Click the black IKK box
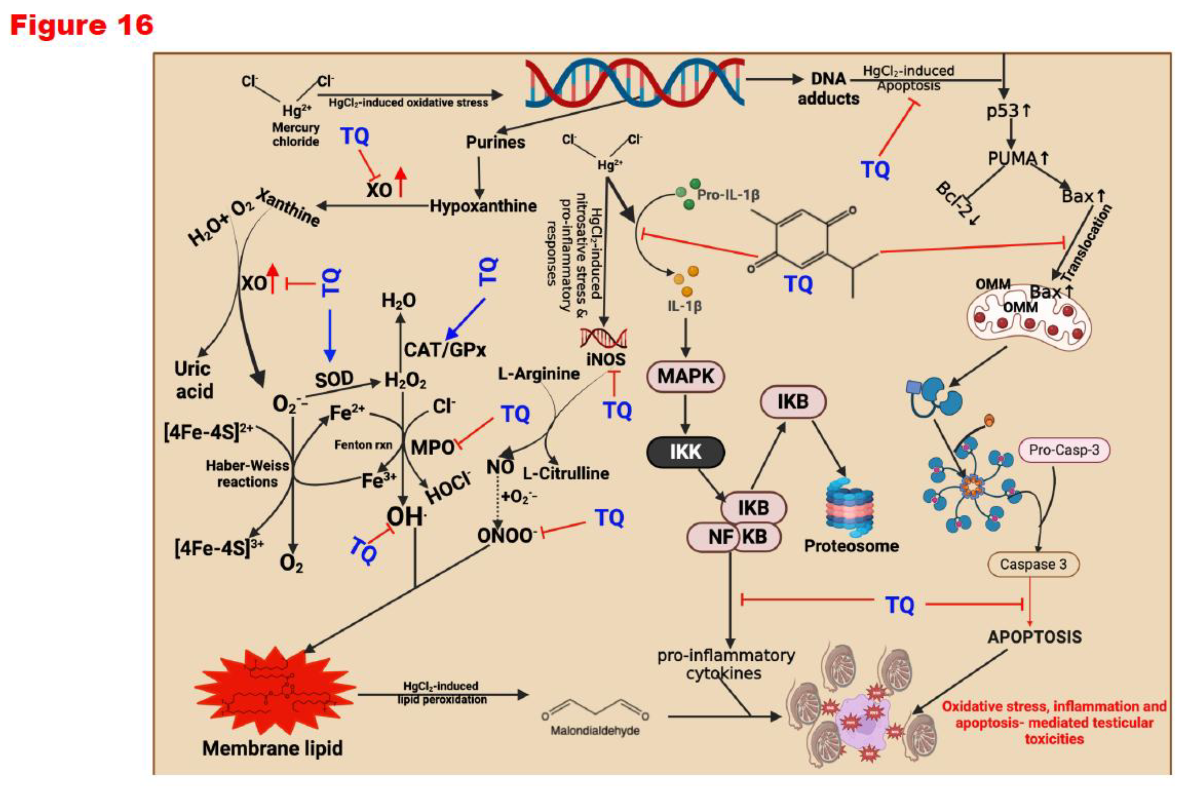point(685,452)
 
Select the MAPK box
point(685,376)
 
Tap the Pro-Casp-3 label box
point(1064,450)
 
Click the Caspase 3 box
point(1033,564)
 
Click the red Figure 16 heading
point(82,25)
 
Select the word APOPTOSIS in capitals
point(1034,637)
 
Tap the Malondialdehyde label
point(595,731)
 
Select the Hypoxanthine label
point(483,206)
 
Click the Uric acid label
point(194,380)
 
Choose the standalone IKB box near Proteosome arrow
point(793,402)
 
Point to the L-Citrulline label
point(566,473)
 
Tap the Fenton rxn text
point(363,445)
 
